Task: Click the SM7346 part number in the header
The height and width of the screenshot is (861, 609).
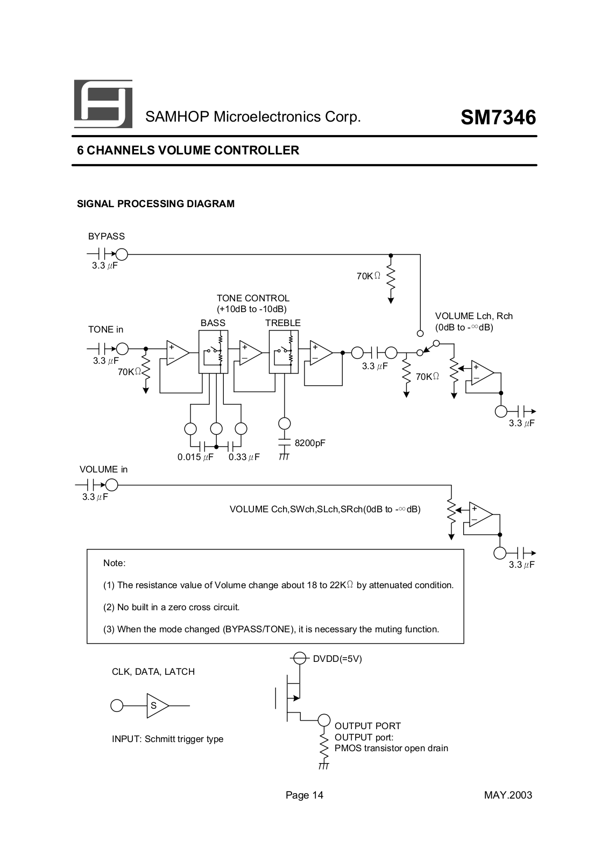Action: click(498, 117)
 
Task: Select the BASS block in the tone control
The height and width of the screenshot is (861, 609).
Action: click(213, 352)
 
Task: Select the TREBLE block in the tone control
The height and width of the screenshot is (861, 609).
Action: click(283, 352)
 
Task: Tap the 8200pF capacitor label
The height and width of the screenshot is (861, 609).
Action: click(310, 443)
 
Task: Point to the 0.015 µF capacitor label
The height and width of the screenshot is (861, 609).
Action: click(195, 457)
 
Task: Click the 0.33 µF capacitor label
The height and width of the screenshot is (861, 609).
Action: click(244, 457)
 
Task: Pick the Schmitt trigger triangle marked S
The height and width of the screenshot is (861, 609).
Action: click(157, 705)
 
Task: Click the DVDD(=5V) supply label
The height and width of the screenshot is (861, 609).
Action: click(337, 659)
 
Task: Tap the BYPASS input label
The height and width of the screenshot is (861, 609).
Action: click(107, 236)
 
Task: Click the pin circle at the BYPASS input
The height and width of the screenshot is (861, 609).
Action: click(122, 254)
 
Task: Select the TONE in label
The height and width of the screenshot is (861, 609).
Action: click(105, 329)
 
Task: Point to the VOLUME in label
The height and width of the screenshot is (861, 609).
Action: click(104, 469)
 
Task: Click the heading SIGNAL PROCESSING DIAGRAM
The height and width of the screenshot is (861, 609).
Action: click(156, 204)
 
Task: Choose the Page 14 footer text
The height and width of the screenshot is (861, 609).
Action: click(304, 795)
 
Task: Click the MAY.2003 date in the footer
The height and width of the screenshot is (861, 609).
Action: click(508, 795)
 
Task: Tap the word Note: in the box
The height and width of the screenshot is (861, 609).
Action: click(115, 563)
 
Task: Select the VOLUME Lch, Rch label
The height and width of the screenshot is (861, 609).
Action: click(473, 316)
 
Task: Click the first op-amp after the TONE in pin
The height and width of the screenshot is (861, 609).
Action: click(177, 353)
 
